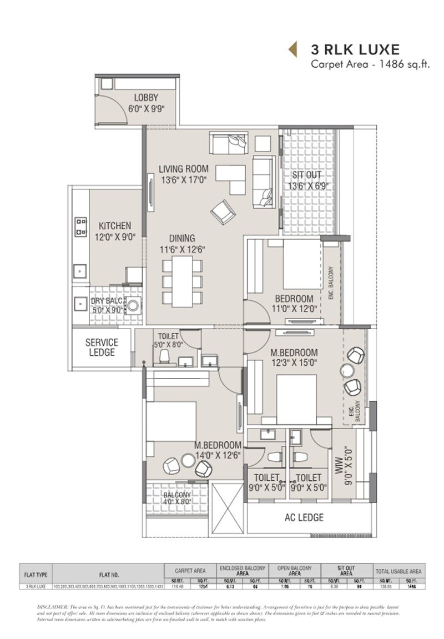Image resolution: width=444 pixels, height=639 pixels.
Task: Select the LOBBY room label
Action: coord(146,98)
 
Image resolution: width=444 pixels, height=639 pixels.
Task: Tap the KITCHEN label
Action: coord(115,226)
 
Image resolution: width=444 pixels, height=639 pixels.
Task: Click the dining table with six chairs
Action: coord(182,281)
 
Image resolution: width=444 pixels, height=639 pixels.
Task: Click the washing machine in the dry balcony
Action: coord(134,305)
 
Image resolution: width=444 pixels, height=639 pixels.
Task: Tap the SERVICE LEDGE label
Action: coord(102,348)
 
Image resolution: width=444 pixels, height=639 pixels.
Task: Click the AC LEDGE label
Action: coord(304,517)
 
